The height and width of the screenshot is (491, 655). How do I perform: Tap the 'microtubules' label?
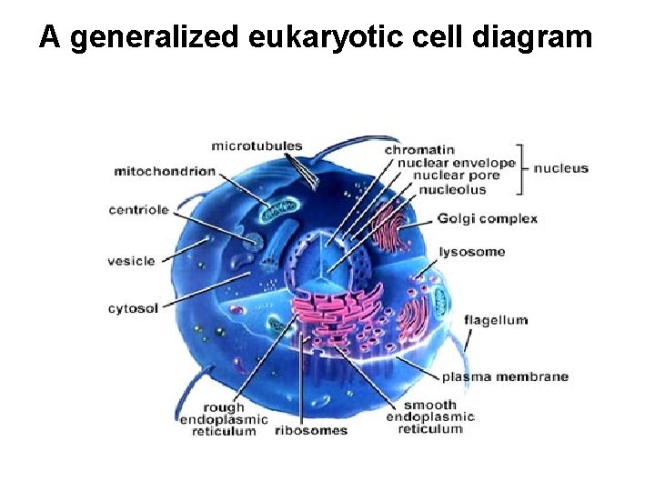pos(257,145)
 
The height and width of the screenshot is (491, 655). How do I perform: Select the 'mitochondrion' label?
pos(165,170)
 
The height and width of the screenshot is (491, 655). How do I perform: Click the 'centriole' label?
pos(138,210)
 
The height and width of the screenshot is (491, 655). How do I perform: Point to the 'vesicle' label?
pos(132,261)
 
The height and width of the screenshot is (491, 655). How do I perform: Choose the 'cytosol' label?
pos(133,308)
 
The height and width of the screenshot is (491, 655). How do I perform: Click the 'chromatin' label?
pos(419,149)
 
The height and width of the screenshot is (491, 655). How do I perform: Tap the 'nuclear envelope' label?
pos(457,163)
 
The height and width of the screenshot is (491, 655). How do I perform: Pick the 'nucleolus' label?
pos(452,189)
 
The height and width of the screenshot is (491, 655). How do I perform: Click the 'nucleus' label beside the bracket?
pos(560,168)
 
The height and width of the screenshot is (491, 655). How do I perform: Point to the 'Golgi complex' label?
pos(487,218)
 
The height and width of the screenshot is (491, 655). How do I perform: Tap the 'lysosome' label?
pos(472,252)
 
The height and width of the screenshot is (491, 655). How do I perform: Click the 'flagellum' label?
pos(495,320)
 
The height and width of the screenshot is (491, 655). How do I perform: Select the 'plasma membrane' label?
pos(505,376)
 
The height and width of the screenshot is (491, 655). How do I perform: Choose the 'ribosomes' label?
pos(311,430)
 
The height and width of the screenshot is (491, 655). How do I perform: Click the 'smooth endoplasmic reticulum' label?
pos(430,417)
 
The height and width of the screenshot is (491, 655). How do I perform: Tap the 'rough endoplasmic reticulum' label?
pos(224,419)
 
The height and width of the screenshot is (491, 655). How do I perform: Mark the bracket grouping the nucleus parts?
pos(521,168)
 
